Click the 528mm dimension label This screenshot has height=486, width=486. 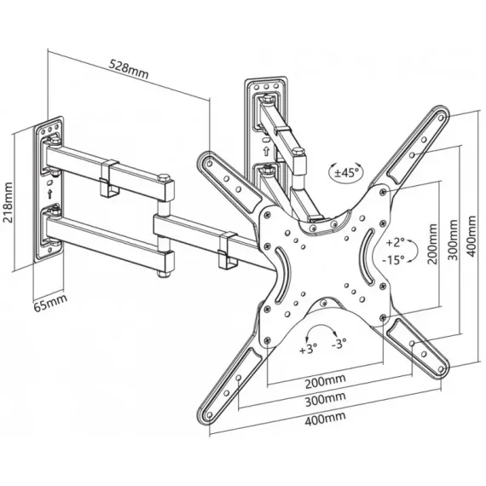[x=128, y=69]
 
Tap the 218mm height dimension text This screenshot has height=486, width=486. [x=8, y=202]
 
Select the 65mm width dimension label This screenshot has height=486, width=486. [x=50, y=303]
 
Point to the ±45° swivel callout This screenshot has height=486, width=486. [x=346, y=172]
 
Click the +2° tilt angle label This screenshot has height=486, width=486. [x=395, y=242]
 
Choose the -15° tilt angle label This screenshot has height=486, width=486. [x=393, y=260]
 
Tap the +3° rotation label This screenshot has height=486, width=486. [x=308, y=349]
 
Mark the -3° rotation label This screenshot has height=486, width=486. [x=338, y=343]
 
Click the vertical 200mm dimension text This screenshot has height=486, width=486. [x=432, y=244]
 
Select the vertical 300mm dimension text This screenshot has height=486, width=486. [x=453, y=240]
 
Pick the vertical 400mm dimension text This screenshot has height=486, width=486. [x=472, y=236]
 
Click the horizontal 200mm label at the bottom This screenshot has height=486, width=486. [x=325, y=381]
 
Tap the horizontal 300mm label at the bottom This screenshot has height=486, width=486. [x=325, y=400]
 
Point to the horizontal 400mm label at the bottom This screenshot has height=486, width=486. [x=325, y=418]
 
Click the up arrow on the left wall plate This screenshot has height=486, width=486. [x=49, y=194]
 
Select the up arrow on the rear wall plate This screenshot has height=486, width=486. [x=266, y=151]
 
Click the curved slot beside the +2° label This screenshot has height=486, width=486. [x=368, y=257]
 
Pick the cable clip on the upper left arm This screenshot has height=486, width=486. [x=109, y=179]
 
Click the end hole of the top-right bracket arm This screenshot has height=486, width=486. [x=441, y=118]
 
